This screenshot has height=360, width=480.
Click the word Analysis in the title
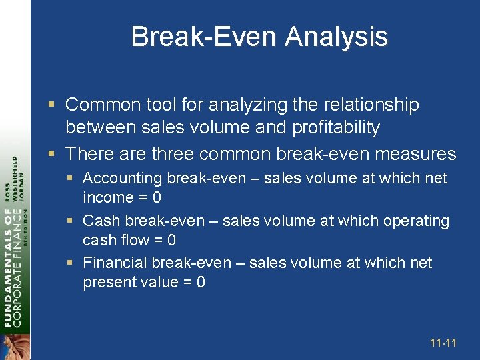(x=337, y=36)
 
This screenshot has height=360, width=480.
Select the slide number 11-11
(x=443, y=343)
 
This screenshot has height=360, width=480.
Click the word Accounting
(x=122, y=179)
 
